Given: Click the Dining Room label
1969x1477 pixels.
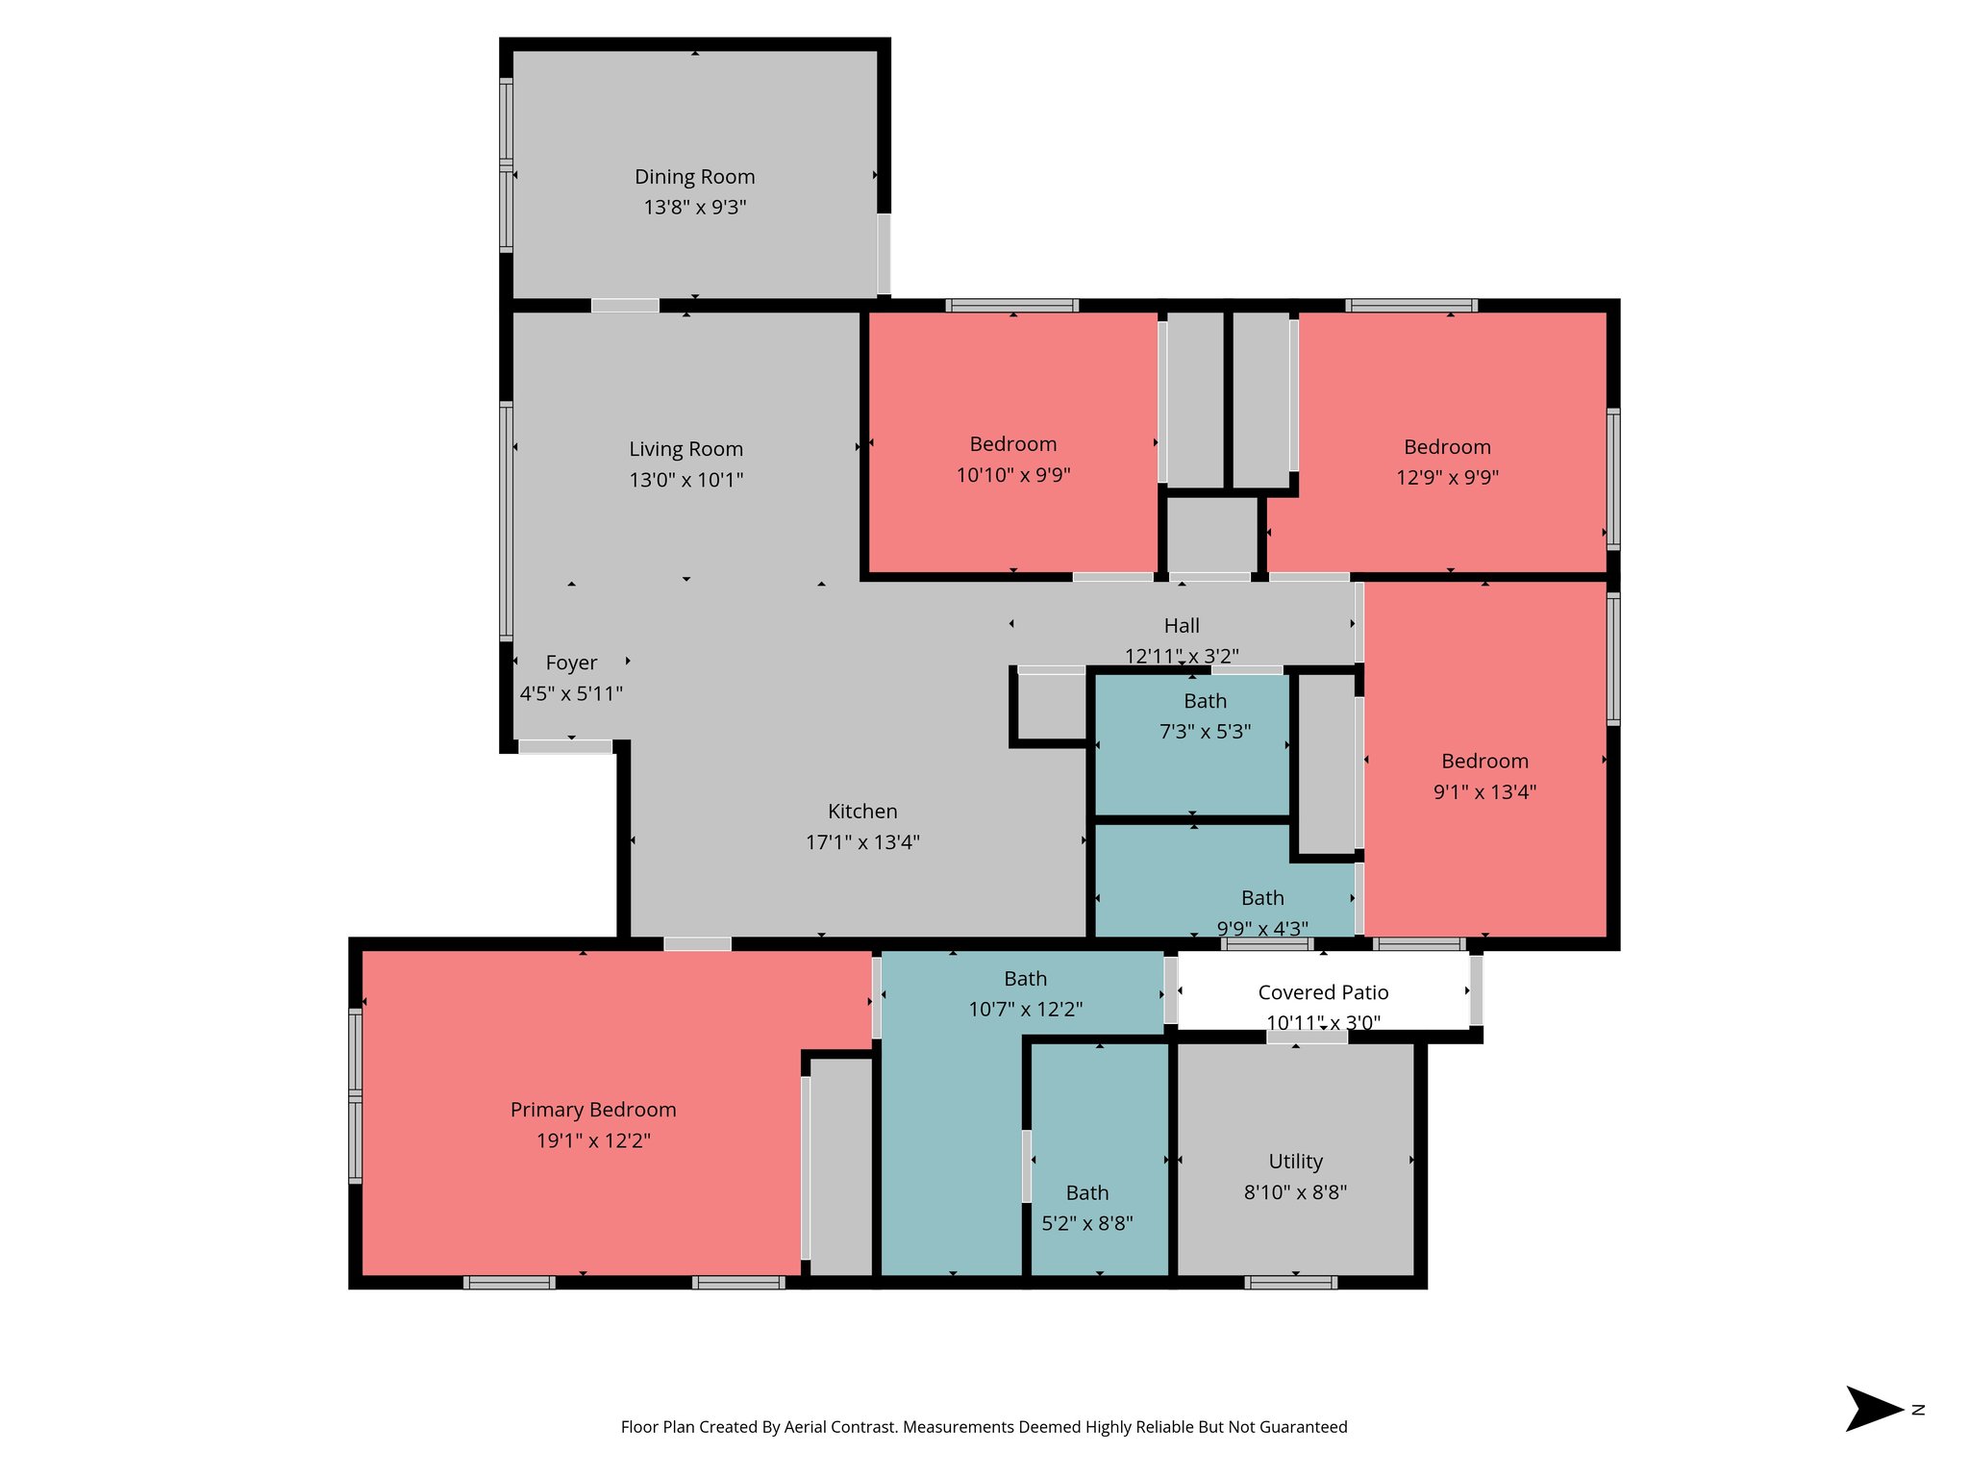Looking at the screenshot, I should click(x=694, y=177).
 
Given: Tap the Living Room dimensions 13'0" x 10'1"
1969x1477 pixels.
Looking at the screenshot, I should click(x=685, y=480).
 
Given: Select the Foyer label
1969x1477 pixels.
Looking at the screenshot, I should click(x=571, y=663).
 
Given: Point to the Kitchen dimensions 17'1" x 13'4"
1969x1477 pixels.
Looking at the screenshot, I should click(x=862, y=842).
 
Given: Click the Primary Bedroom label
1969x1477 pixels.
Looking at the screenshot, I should click(x=593, y=1110).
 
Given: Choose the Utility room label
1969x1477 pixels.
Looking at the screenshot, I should click(x=1295, y=1162).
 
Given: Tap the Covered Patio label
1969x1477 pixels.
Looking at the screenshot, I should click(x=1323, y=992).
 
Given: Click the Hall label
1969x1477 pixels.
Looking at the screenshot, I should click(x=1182, y=626).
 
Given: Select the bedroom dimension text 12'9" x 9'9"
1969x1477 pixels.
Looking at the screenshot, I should click(x=1447, y=478).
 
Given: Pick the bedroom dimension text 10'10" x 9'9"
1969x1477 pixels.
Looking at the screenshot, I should click(x=1012, y=475).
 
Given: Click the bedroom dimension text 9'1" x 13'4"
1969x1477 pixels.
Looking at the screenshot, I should click(x=1484, y=792).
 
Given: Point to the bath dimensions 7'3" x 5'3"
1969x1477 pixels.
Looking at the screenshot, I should click(x=1205, y=732).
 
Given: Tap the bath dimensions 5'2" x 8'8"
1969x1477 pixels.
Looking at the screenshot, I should click(x=1087, y=1224).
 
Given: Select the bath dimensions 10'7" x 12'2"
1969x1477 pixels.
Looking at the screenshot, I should click(x=1025, y=1010).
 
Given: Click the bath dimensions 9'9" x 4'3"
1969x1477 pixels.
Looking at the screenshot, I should click(x=1261, y=928).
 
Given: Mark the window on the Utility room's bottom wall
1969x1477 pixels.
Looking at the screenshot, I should click(x=1290, y=1283).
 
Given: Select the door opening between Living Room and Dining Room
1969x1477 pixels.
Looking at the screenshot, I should click(x=625, y=306).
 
